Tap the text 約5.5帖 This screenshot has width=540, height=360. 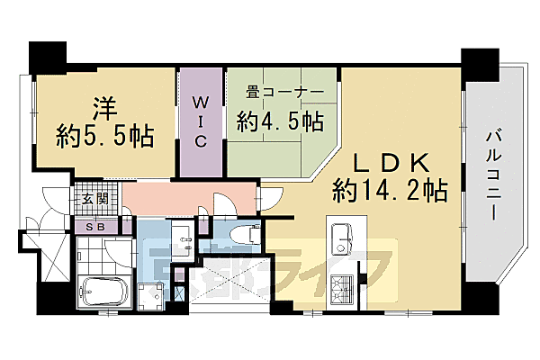[x=104, y=138]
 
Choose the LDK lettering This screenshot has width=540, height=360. [x=390, y=162]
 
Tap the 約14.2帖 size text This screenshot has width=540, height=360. [x=390, y=191]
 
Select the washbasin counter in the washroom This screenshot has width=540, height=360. [x=185, y=240]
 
